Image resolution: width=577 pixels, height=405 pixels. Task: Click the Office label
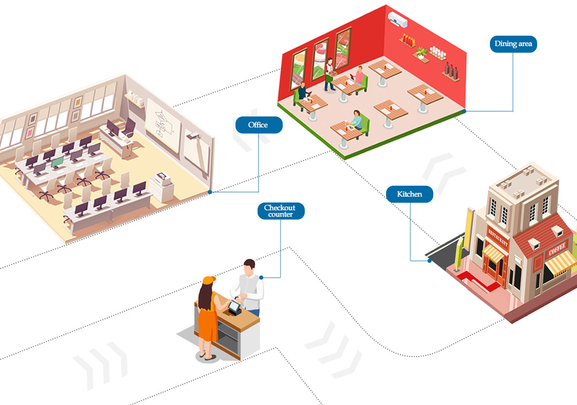pyautogui.click(x=259, y=125)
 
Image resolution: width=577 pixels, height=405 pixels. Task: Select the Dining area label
pyautogui.click(x=513, y=44)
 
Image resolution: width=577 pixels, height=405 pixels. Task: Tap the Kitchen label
pyautogui.click(x=409, y=194)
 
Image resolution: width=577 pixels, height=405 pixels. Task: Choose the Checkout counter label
pyautogui.click(x=281, y=211)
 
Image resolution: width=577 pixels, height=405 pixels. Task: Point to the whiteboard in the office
pyautogui.click(x=163, y=125)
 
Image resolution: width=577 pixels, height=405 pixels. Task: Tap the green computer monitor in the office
pyautogui.click(x=57, y=163)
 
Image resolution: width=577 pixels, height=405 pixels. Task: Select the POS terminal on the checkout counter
pyautogui.click(x=234, y=307)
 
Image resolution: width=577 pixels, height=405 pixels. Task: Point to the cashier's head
pyautogui.click(x=250, y=267)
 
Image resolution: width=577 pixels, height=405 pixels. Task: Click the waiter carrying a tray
pyautogui.click(x=329, y=74)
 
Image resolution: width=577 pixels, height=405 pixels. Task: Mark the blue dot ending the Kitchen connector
pyautogui.click(x=430, y=261)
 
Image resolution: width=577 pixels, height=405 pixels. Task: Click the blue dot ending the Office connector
pyautogui.click(x=210, y=192)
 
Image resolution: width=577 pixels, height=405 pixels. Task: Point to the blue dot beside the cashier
pyautogui.click(x=261, y=277)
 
